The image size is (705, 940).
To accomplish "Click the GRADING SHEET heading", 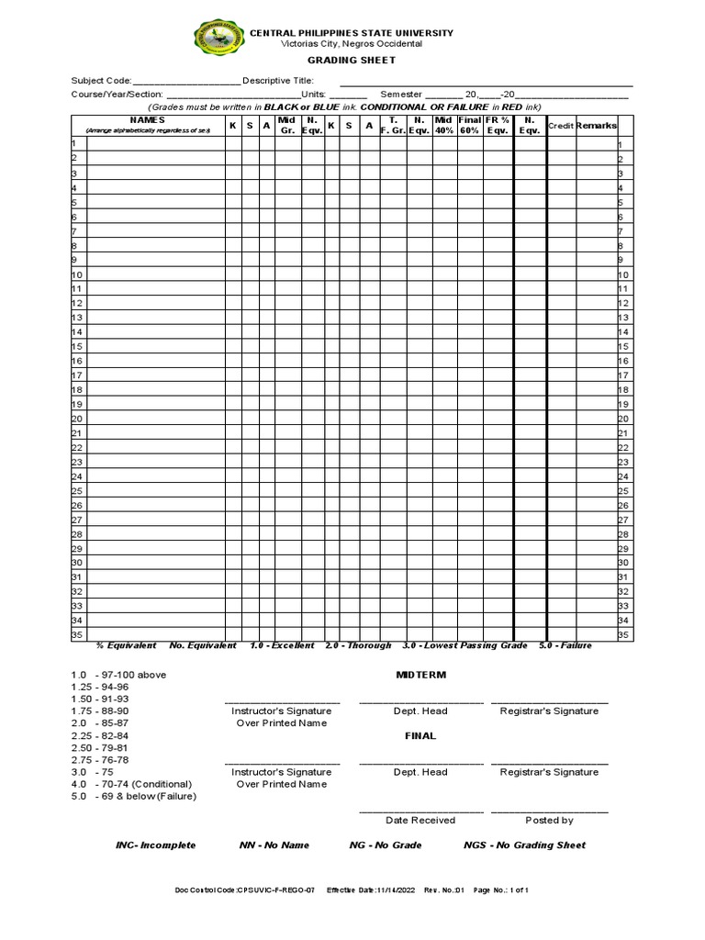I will coord(352,61).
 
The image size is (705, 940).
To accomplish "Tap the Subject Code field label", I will coord(101,81).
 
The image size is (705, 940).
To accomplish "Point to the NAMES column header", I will coord(148,120).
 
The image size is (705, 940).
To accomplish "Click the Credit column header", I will coord(560,126).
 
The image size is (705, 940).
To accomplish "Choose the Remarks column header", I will coord(596,126).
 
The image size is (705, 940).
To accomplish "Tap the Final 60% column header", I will coord(470,126).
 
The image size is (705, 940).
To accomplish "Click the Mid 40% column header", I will coord(444,126).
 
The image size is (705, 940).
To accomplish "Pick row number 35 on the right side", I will coord(624,634).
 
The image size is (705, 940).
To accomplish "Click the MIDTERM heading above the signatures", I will coord(420,675).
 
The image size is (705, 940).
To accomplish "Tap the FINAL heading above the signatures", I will coord(420,735).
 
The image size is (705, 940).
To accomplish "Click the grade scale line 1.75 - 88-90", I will coord(100,711).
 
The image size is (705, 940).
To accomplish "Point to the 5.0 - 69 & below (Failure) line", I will coord(134,796).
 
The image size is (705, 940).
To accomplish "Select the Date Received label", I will coord(420,820).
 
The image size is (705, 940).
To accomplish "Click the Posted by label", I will coord(549,820).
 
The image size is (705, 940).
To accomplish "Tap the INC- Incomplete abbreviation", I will coord(155,845).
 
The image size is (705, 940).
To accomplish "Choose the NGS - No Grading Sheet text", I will coord(524,845).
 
